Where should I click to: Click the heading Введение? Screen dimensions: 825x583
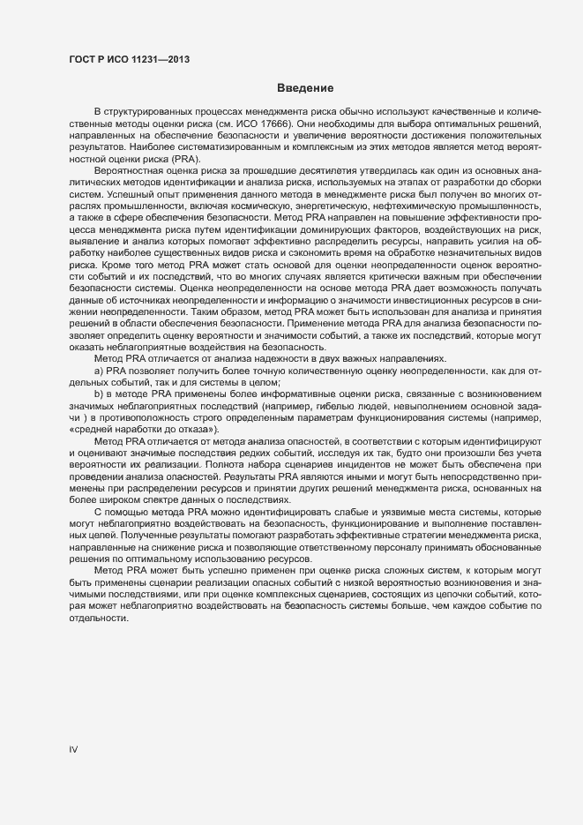click(304, 88)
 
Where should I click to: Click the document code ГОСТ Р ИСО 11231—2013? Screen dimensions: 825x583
click(130, 59)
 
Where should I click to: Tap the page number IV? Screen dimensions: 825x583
click(74, 749)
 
